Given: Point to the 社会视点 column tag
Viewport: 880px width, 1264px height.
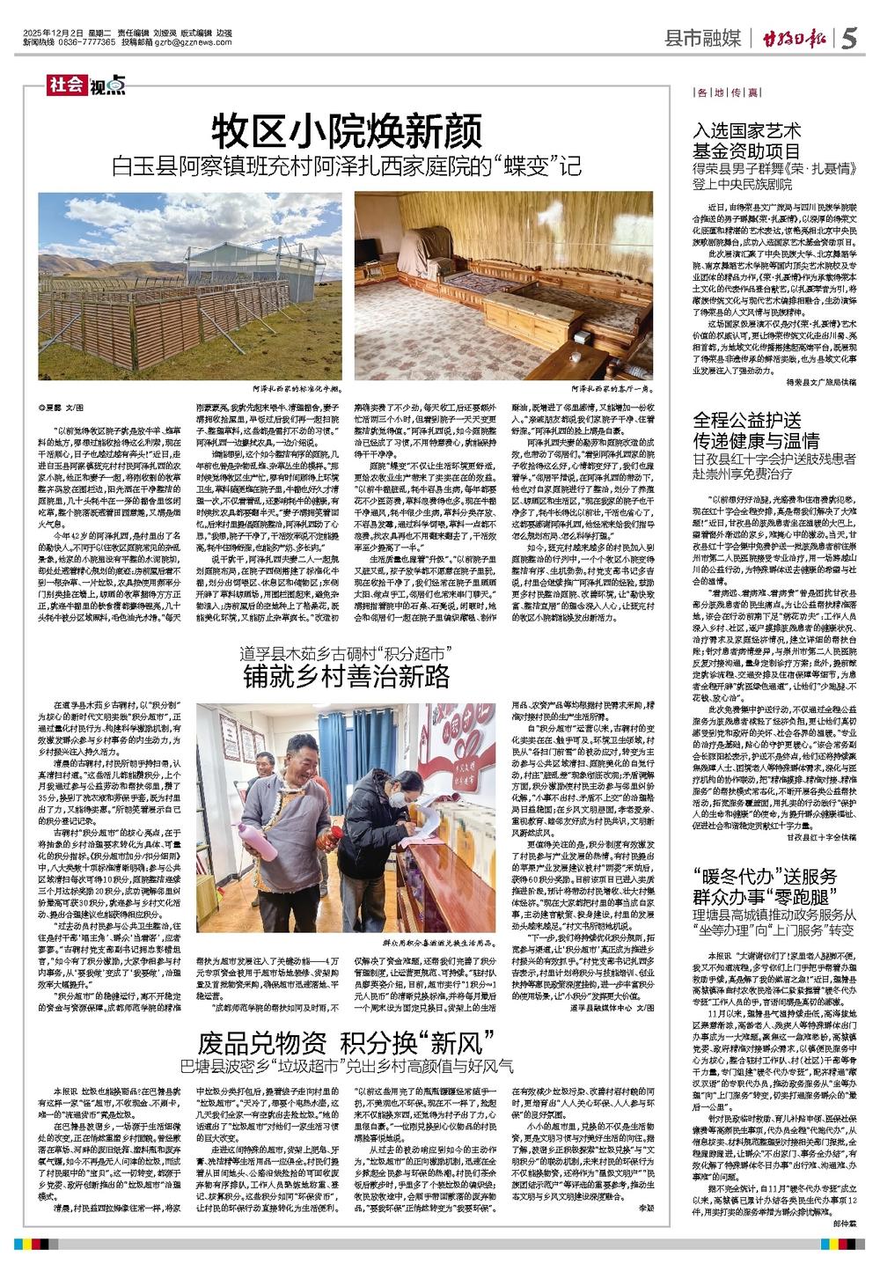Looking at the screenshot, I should point(87,85).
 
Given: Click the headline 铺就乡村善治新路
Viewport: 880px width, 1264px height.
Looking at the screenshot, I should point(347,675).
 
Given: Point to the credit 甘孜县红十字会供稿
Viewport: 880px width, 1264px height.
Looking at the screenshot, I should point(820,839).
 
